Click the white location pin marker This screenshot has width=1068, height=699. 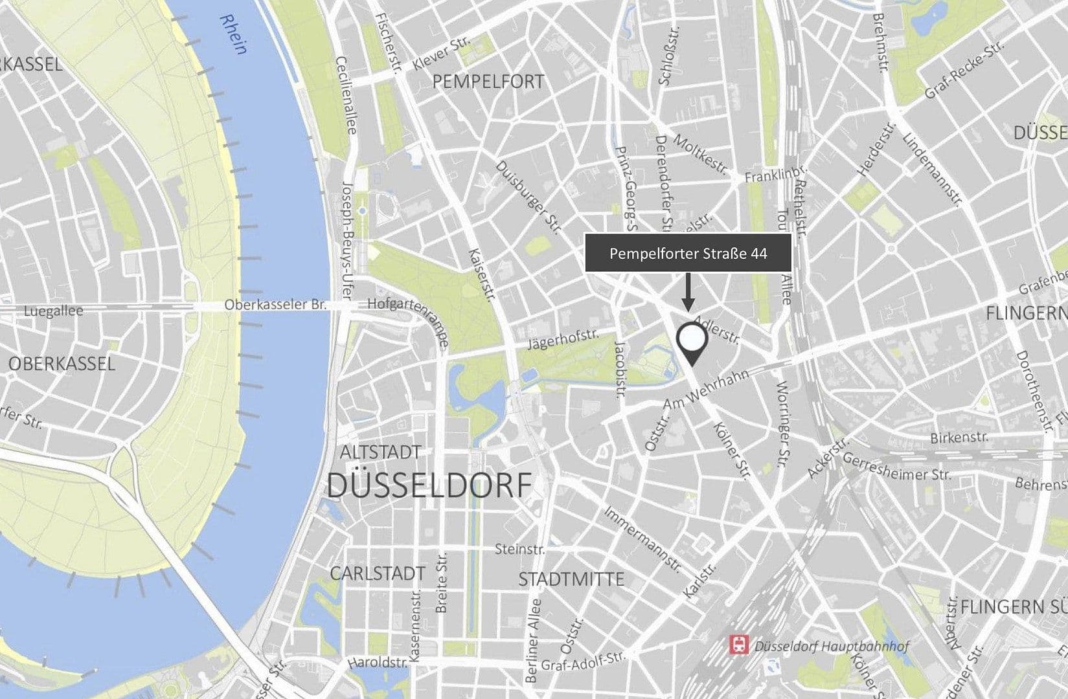tap(691, 340)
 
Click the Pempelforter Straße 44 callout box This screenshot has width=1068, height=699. tap(688, 253)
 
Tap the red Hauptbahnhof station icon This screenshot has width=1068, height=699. tap(737, 644)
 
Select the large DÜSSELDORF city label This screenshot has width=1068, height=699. tap(429, 485)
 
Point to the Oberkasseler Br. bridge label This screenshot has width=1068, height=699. tap(275, 305)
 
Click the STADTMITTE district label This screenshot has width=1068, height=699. tap(571, 579)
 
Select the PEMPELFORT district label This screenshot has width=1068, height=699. tap(488, 82)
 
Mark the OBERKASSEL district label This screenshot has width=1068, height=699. tap(62, 364)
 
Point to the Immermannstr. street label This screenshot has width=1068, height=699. tap(642, 539)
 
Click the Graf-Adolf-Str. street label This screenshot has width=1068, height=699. tap(584, 661)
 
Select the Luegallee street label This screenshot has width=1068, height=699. tap(53, 311)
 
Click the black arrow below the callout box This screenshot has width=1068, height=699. tap(688, 292)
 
